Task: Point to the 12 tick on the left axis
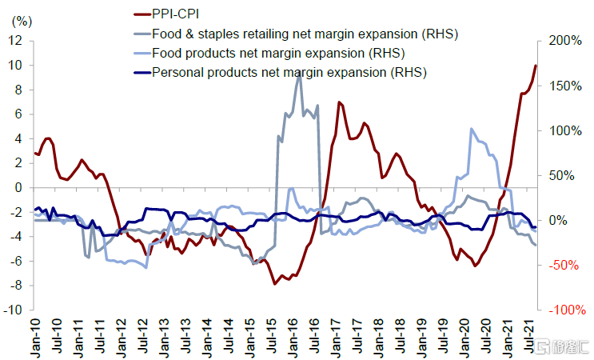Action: point(15,40)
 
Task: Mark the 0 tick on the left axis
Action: point(18,187)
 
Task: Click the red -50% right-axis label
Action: point(564,265)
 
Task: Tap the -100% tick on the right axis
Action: point(563,310)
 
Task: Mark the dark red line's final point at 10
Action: point(536,66)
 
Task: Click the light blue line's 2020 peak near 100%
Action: point(472,129)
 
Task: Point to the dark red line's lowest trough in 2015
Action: point(274,283)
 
